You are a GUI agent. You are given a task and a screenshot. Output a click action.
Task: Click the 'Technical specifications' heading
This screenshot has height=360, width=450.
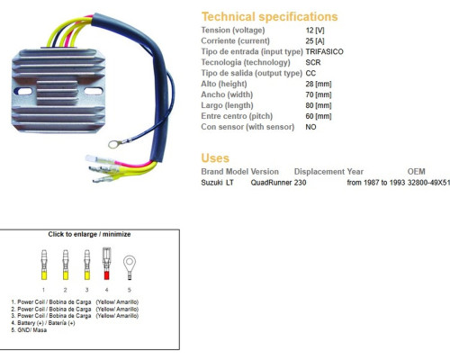pos(269,17)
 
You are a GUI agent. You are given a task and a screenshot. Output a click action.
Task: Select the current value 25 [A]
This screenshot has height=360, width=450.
pos(315,40)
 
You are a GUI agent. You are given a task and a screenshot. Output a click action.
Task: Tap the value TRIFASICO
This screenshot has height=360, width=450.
pos(324,51)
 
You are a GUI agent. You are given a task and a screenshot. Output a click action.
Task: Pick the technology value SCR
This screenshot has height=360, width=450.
pos(313,62)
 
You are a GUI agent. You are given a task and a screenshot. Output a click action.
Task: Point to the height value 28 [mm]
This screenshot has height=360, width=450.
pos(319,84)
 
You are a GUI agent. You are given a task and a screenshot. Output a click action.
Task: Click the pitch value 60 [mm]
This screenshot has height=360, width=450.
pos(319,116)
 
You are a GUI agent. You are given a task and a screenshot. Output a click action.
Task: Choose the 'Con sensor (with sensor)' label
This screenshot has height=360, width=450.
pos(247,127)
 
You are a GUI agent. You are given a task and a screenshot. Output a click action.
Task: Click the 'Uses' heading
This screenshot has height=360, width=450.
pos(215,158)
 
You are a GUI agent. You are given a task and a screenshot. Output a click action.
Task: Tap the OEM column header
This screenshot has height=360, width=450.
pos(416,172)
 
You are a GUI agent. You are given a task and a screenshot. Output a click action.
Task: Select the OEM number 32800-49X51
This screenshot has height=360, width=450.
pos(428,183)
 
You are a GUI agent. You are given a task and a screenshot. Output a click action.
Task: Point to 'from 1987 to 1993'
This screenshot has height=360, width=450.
pos(376,183)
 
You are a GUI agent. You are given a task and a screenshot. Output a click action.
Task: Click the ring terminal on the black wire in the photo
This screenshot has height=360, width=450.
pos(114,144)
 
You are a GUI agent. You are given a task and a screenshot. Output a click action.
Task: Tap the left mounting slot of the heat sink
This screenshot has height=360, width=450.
pos(23,91)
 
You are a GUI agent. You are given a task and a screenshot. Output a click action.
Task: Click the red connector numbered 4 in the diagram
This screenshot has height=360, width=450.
pos(106,264)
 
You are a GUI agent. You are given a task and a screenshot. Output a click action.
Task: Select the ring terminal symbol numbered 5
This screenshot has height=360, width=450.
pos(130,267)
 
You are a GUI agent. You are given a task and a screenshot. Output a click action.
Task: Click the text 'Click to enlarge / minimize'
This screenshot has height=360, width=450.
pos(89,234)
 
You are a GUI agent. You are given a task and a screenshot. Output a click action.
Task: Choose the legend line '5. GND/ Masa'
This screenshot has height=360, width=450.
pos(29,330)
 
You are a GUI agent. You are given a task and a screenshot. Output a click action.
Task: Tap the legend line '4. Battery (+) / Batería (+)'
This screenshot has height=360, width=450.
pos(43,323)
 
